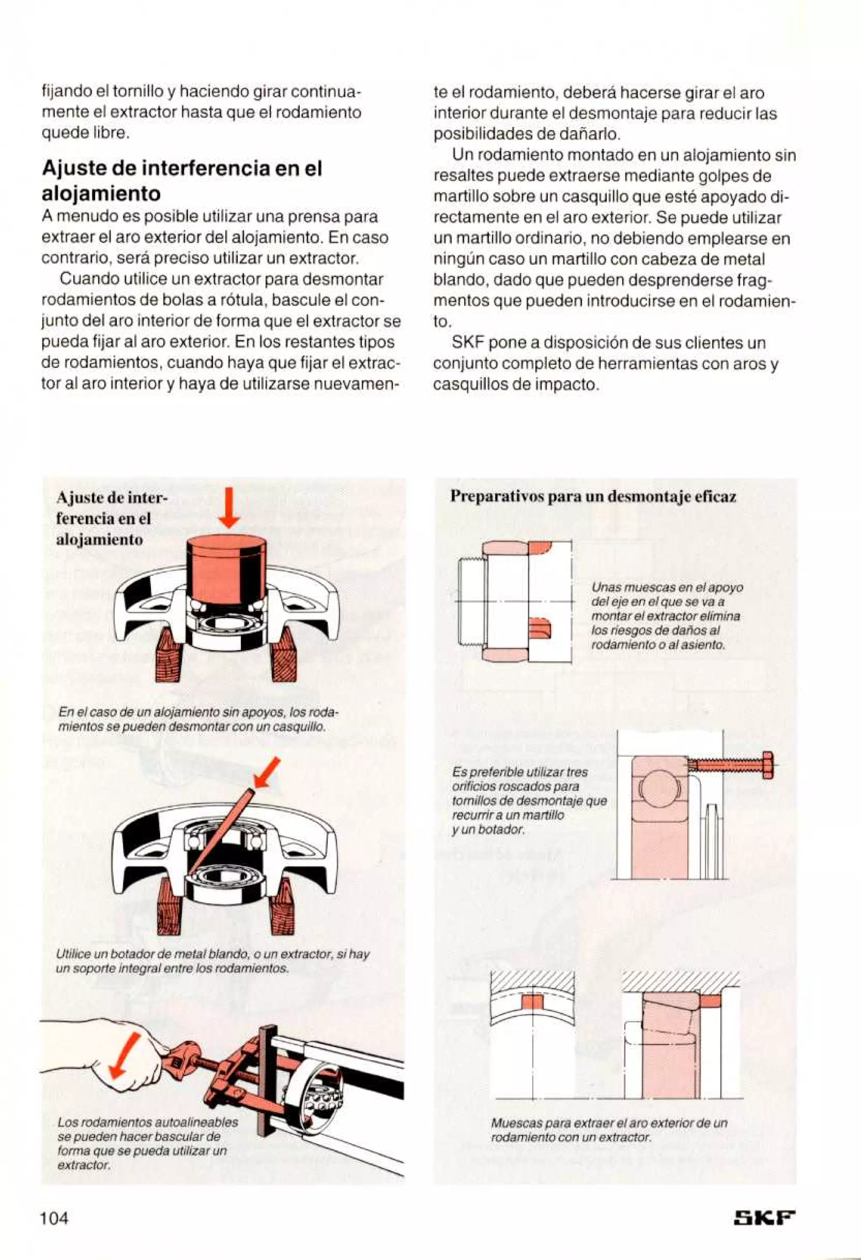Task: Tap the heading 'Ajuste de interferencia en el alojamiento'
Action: [x=182, y=180]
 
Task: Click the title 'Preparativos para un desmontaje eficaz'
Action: [x=593, y=497]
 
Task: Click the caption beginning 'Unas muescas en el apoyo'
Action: [x=666, y=616]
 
